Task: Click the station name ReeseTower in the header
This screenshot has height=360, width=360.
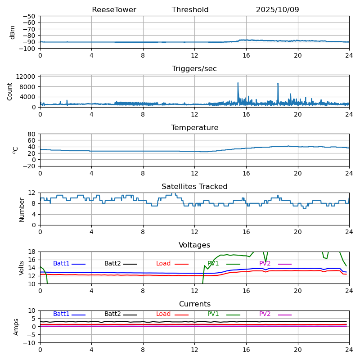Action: point(114,10)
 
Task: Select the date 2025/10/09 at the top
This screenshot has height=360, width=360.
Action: point(277,10)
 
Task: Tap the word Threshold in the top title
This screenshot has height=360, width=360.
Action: point(190,10)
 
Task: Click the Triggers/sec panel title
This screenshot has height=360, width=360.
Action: point(194,69)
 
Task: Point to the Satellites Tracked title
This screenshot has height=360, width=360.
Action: point(194,187)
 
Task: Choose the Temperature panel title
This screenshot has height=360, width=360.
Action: point(194,128)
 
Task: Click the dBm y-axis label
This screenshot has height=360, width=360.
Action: point(13,32)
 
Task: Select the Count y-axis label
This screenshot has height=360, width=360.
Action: point(10,91)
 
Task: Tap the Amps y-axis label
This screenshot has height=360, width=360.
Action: point(16,327)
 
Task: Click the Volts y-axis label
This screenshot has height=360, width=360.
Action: point(22,268)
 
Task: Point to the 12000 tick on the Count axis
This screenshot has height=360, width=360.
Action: point(26,77)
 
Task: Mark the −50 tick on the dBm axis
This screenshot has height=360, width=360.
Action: point(28,16)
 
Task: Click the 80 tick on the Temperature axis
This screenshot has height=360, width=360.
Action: point(32,134)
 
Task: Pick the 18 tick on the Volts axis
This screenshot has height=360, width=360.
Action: point(32,252)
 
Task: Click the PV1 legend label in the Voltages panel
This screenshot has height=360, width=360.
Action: point(213,264)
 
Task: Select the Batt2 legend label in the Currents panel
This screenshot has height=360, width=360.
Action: point(112,314)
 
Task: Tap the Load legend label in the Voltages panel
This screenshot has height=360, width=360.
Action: point(163,264)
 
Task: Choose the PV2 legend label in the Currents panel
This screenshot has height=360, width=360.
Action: point(265,314)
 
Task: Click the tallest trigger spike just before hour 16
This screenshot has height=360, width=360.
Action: point(238,83)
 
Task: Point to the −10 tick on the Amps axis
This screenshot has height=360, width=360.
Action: point(29,343)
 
